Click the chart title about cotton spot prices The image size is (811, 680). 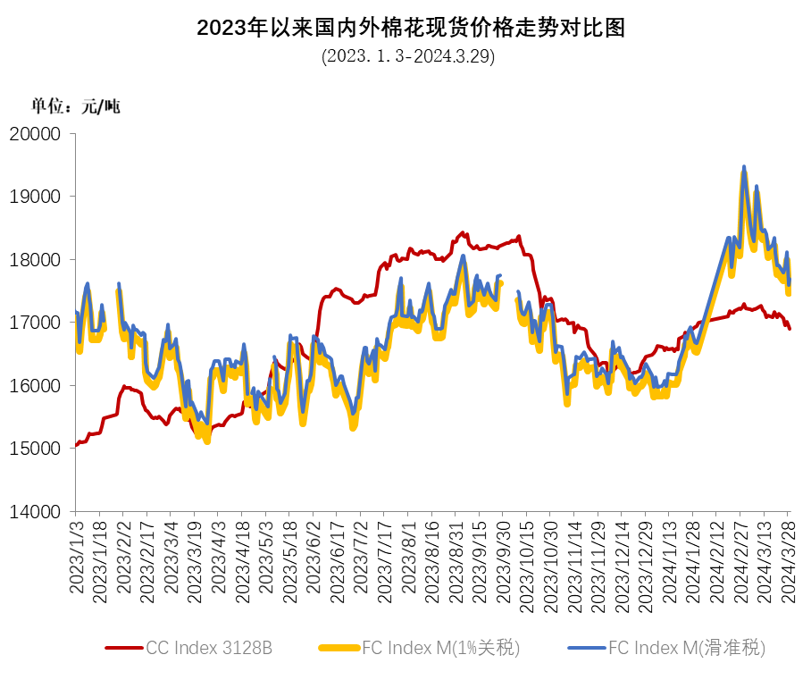coord(410,28)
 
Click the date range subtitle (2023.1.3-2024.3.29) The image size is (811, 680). coord(408,56)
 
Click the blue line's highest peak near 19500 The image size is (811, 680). coord(744,167)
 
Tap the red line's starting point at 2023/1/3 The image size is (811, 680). coord(77,444)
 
